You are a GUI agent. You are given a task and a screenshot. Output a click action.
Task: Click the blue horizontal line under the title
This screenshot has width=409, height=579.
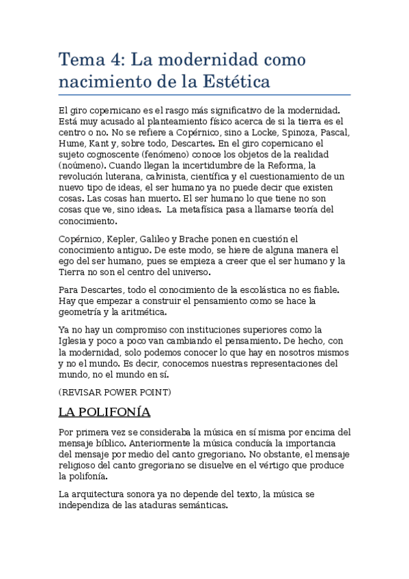204,94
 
